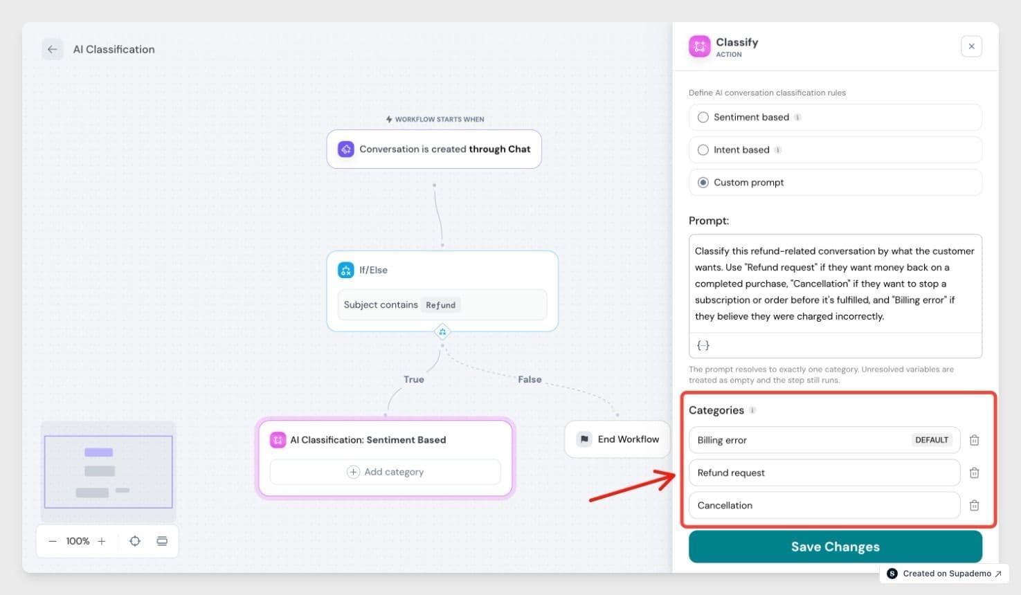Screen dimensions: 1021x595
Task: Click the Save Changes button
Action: [835, 547]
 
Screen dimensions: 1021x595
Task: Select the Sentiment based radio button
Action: [703, 117]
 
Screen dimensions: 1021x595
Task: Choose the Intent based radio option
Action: [703, 150]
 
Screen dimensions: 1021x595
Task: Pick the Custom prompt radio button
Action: [703, 183]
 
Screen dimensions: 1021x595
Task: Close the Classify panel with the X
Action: [971, 46]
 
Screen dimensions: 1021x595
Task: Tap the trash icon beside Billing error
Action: [974, 440]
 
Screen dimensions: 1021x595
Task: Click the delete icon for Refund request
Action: [974, 473]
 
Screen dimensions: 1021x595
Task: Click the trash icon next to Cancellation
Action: [974, 505]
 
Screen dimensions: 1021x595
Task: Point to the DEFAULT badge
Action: [932, 440]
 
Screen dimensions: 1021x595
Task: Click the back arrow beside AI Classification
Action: [53, 49]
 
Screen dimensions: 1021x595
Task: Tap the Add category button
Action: [385, 472]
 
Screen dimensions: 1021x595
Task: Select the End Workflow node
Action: [617, 439]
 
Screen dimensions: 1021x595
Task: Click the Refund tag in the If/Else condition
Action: [440, 305]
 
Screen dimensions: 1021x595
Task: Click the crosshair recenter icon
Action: [135, 541]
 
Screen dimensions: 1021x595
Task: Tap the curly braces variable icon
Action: [703, 345]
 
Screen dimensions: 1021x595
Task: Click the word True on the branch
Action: [414, 379]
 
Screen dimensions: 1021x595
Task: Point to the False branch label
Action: [530, 379]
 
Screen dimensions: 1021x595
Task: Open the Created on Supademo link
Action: [944, 574]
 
